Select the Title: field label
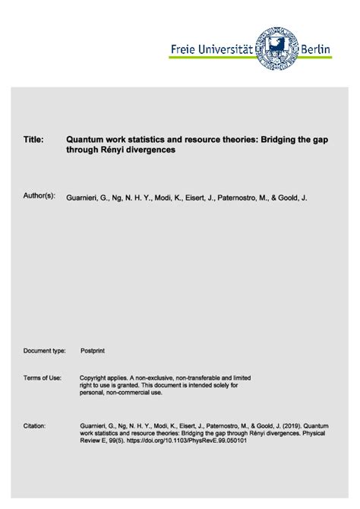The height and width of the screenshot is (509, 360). [33, 140]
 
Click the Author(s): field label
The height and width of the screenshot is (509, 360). [39, 197]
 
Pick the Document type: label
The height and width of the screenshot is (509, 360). [46, 351]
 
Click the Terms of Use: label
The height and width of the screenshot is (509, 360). [43, 378]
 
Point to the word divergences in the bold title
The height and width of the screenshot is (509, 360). [150, 150]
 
